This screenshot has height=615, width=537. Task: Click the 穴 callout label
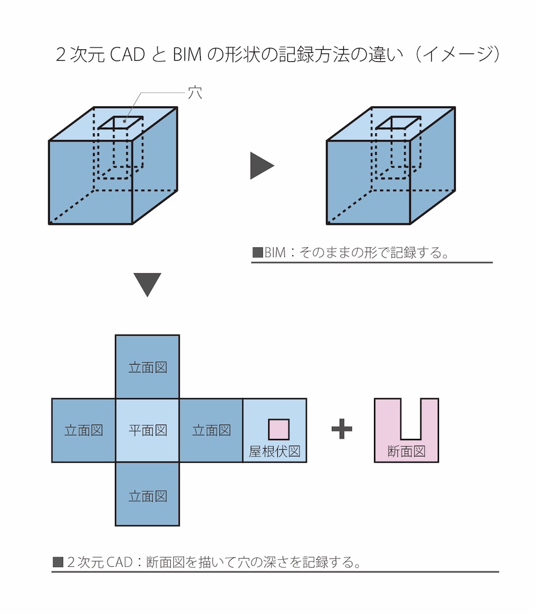click(195, 93)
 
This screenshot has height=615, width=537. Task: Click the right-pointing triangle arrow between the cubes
click(260, 166)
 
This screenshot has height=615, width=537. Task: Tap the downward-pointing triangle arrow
click(147, 284)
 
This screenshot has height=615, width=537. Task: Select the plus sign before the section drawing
click(342, 429)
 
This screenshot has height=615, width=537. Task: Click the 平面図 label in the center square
click(147, 430)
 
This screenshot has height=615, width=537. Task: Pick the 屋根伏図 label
click(274, 451)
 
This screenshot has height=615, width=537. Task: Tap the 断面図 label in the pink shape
click(407, 451)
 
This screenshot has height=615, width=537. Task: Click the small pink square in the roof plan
click(278, 429)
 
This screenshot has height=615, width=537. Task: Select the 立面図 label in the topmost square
click(147, 367)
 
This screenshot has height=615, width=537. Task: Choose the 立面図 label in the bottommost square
click(147, 496)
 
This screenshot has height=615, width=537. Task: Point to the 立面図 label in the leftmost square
click(84, 430)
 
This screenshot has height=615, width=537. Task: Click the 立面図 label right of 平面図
click(211, 430)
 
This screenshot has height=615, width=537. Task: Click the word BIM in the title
click(188, 55)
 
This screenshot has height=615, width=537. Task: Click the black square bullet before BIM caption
click(257, 252)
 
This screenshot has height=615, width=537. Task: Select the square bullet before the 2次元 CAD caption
click(58, 563)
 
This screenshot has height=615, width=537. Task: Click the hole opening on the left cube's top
click(121, 123)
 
